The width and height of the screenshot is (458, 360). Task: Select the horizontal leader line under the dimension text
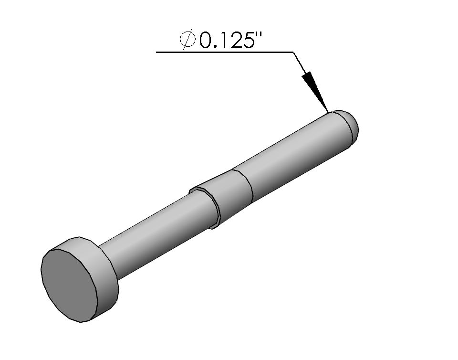point(224,52)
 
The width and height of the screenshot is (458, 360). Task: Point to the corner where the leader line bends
point(293,52)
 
